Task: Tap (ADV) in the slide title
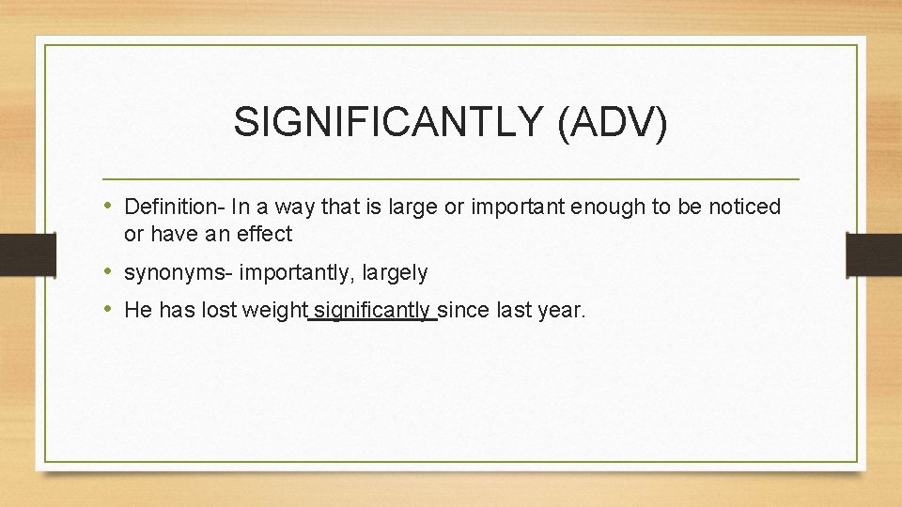(612, 123)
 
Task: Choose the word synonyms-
(179, 273)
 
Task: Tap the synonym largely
(395, 273)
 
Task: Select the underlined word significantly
(373, 311)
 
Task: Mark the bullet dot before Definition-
(110, 206)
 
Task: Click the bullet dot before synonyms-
(110, 272)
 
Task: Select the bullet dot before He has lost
(110, 310)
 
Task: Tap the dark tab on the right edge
(874, 254)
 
